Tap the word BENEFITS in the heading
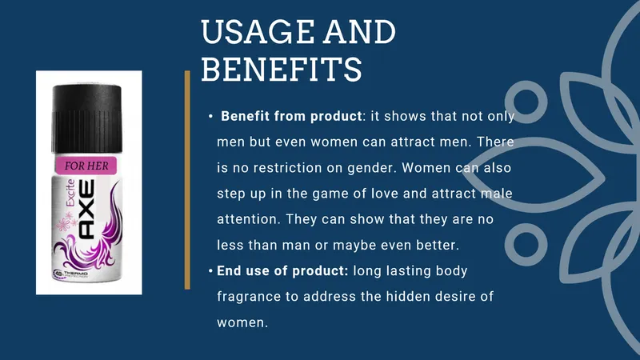(282, 69)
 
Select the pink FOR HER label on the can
(86, 166)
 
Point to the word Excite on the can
(70, 193)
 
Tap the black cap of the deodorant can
(86, 118)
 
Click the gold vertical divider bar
(187, 180)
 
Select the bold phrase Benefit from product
(291, 116)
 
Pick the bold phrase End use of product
(282, 270)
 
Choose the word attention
(249, 219)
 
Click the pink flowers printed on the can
(66, 222)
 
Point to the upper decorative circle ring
(526, 84)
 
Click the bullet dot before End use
(210, 270)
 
